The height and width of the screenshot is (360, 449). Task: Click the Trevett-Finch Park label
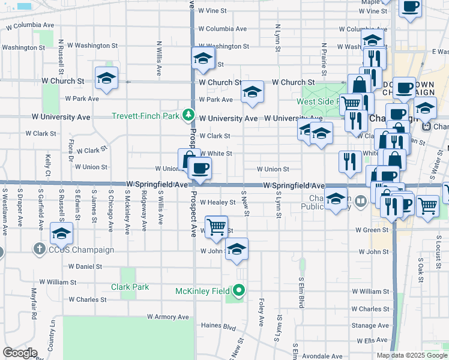[x=145, y=115]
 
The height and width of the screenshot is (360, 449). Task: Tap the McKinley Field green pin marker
[x=239, y=292]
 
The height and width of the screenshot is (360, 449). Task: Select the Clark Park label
[x=130, y=287]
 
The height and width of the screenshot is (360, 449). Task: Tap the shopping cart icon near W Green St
[x=217, y=226]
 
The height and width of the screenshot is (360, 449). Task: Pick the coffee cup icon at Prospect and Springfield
[x=200, y=167]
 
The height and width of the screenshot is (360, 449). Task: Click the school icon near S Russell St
[x=61, y=233]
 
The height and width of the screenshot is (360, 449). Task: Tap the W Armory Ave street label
[x=167, y=317]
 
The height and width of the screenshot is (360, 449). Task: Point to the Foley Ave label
[x=261, y=312]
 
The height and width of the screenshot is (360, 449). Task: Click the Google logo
[x=20, y=353]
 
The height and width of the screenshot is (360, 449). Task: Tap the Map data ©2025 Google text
[x=412, y=355]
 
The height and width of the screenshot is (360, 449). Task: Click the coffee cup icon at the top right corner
[x=411, y=8]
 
